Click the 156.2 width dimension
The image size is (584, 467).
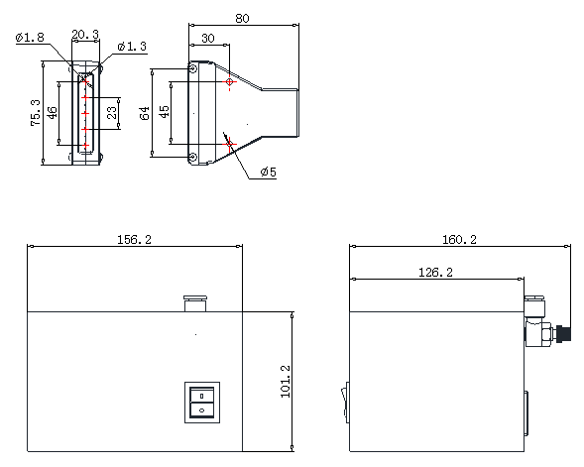(135, 240)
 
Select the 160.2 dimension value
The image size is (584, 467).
(459, 240)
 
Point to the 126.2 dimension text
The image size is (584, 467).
(435, 273)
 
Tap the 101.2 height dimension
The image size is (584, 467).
(286, 382)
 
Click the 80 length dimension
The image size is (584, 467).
(242, 18)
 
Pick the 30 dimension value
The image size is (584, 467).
(208, 38)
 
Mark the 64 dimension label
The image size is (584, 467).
(145, 113)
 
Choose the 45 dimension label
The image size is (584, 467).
(164, 111)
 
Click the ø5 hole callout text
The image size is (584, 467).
(268, 172)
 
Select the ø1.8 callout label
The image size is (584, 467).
(30, 38)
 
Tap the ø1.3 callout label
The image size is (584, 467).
(132, 47)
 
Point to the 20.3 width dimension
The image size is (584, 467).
(85, 35)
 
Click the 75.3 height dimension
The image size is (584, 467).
(36, 112)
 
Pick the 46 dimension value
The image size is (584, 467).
(53, 112)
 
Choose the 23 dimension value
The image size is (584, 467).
(112, 112)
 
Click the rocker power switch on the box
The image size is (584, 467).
(202, 403)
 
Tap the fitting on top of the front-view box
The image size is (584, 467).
(195, 303)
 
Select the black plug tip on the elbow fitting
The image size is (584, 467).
(563, 333)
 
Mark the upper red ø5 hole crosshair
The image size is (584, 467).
(230, 82)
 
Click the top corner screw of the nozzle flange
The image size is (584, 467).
(193, 68)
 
